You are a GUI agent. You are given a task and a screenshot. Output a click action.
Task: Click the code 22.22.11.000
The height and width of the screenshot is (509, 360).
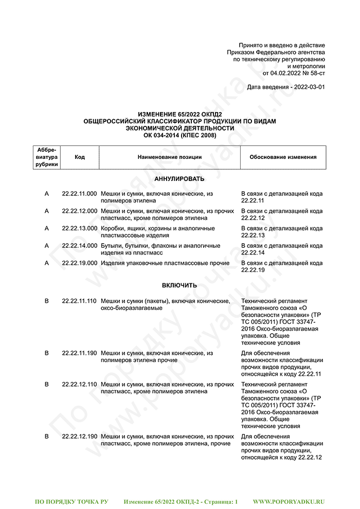[x=79, y=194]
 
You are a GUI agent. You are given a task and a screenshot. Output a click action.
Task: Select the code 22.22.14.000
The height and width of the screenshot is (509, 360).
[x=79, y=246]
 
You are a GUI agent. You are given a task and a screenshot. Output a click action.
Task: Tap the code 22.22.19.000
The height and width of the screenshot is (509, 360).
[x=79, y=263]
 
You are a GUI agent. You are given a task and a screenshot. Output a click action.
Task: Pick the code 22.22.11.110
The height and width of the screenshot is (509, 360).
[x=79, y=301]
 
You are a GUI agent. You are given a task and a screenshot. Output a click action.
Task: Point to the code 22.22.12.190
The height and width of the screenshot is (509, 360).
[x=79, y=437]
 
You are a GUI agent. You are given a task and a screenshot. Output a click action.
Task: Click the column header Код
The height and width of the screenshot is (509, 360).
[x=80, y=157]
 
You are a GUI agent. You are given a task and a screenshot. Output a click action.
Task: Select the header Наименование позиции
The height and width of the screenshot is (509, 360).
[x=169, y=157]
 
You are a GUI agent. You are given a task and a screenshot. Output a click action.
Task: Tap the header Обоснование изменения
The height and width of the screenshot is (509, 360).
[x=283, y=157]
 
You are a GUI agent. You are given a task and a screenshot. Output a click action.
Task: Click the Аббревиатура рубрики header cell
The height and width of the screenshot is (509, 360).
[x=47, y=157]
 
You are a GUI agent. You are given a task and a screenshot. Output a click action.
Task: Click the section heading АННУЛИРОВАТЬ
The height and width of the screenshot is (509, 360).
[x=179, y=179]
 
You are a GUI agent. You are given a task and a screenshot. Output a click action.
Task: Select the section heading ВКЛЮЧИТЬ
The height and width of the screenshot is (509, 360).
[x=179, y=285]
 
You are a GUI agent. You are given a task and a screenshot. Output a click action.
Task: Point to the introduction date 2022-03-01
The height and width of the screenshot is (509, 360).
[x=308, y=87]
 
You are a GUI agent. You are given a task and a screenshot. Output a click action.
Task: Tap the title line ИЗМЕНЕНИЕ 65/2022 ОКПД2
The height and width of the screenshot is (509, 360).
[x=179, y=114]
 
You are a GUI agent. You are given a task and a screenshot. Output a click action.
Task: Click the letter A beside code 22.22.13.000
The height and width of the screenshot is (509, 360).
[x=47, y=228]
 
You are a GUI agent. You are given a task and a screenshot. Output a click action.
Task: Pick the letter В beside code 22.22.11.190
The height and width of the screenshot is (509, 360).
[x=47, y=353]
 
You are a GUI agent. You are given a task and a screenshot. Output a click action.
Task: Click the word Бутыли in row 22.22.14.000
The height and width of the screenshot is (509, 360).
[x=110, y=246]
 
